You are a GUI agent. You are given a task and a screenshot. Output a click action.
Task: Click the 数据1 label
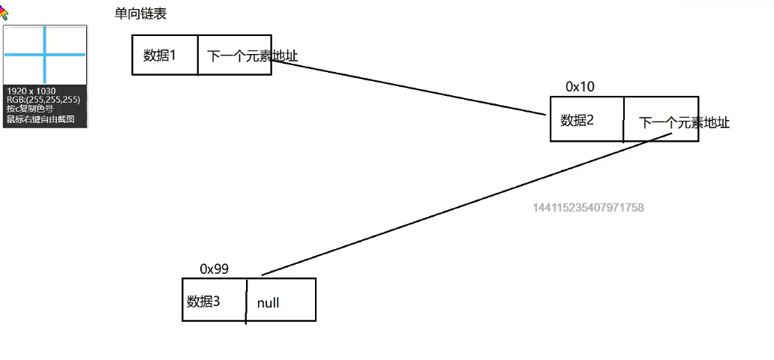(159, 54)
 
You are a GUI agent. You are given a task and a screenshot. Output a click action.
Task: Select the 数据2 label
(577, 119)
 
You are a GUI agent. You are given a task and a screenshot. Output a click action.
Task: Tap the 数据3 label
(203, 301)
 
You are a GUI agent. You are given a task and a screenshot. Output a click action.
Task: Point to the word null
(268, 303)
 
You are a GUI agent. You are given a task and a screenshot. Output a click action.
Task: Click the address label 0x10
(580, 87)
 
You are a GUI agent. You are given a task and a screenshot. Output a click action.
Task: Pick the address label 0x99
(214, 268)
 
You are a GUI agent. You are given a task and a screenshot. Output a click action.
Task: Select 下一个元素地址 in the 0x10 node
(684, 123)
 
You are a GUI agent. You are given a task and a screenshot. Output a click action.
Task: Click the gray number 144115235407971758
(588, 207)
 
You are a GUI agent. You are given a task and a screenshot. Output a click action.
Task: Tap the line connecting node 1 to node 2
(409, 87)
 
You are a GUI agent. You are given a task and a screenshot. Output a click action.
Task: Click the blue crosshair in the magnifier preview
(45, 55)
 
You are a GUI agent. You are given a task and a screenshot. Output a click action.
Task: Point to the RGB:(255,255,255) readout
(37, 100)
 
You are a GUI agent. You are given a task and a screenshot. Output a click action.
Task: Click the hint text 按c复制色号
(30, 109)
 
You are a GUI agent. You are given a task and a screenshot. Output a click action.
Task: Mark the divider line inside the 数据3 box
(246, 301)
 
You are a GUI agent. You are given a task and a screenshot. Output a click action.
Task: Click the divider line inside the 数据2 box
(623, 118)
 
